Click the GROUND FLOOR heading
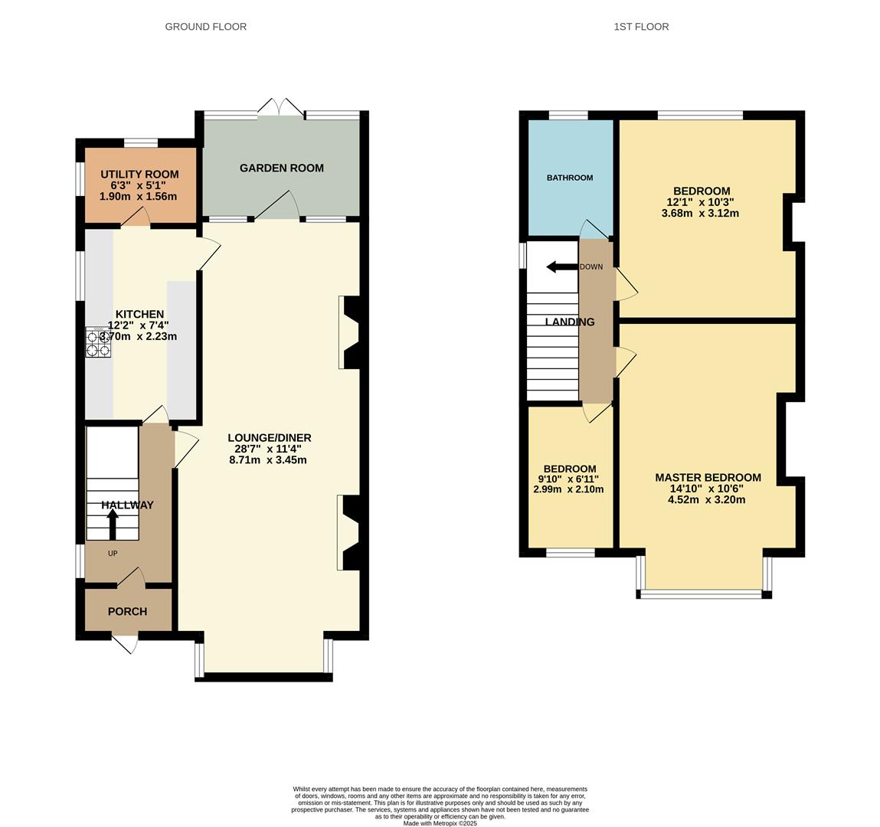(x=205, y=27)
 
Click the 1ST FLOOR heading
(x=641, y=27)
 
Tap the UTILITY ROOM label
(x=139, y=175)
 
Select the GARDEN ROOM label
(x=281, y=168)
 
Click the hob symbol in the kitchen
(x=99, y=342)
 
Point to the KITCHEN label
(x=139, y=314)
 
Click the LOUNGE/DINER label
(x=269, y=438)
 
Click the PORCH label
(x=127, y=611)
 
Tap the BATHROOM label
(x=569, y=178)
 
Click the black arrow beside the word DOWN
(x=561, y=267)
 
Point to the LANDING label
(x=569, y=322)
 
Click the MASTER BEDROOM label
(x=708, y=477)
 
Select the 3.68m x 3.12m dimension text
(x=699, y=214)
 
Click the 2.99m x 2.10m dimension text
(x=568, y=489)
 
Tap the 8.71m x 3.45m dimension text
(x=268, y=460)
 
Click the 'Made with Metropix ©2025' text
(x=440, y=823)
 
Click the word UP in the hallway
(x=113, y=552)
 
